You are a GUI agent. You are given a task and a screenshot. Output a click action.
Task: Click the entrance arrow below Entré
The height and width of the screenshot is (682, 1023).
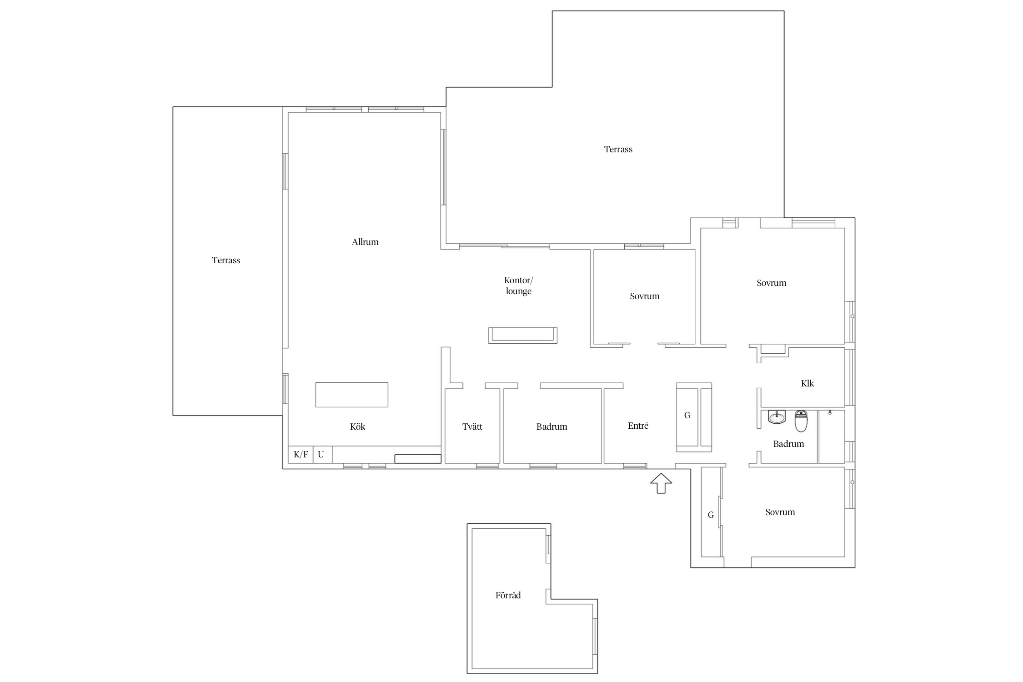[x=661, y=483]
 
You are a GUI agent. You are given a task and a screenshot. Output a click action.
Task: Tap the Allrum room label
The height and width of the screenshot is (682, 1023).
[x=365, y=242]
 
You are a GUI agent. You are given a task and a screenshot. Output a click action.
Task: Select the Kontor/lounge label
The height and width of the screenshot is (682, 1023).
[x=519, y=286]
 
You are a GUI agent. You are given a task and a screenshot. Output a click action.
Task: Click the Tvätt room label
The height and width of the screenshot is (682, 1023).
[x=472, y=426]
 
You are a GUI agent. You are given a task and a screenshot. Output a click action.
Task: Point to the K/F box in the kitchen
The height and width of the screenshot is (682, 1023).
[x=301, y=454]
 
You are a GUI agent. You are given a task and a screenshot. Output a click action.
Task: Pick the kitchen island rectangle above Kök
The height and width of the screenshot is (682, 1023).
[x=352, y=395]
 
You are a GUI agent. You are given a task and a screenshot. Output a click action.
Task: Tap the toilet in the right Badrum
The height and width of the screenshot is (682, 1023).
[x=801, y=421]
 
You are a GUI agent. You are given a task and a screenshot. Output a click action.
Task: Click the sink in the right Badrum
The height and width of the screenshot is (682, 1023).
[x=777, y=417]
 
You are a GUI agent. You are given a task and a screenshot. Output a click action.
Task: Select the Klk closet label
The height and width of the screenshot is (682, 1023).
[x=807, y=383]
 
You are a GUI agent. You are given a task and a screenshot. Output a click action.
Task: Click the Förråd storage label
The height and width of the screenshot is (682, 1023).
[x=508, y=595]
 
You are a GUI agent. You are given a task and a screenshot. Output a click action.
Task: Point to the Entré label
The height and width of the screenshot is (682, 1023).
[x=638, y=426]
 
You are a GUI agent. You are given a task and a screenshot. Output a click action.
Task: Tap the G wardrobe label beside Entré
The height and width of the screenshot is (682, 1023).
[x=687, y=415]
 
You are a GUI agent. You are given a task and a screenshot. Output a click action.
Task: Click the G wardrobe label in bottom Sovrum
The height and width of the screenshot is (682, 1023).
[x=711, y=515]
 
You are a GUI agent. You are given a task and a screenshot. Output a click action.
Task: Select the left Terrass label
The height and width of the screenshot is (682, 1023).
[x=226, y=260]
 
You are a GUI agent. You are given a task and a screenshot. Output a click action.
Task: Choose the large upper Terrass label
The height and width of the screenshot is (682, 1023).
[x=618, y=149]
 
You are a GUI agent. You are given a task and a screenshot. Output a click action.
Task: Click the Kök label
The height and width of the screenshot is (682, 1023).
[x=358, y=426]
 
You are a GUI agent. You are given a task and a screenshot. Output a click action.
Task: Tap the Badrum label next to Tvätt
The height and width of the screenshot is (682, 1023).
[x=552, y=426]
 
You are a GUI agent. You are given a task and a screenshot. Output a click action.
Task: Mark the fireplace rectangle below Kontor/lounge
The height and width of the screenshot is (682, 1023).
[x=523, y=335]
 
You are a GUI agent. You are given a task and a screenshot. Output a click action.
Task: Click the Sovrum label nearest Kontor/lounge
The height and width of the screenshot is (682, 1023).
[x=645, y=296]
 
